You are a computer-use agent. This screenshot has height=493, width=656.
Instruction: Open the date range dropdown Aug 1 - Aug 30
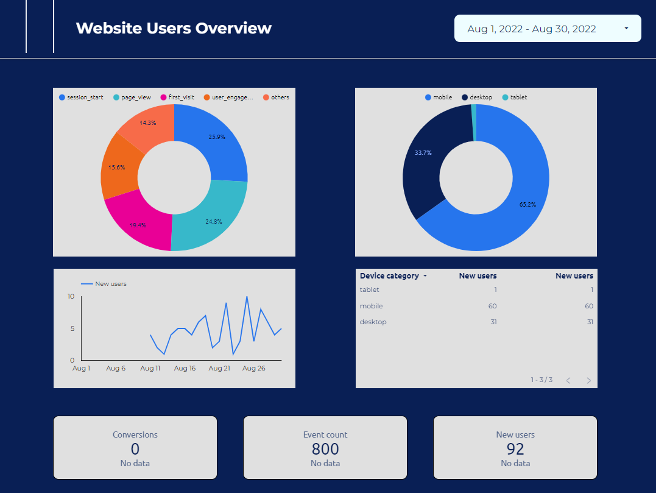(547, 29)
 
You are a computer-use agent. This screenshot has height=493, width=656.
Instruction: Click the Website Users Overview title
(174, 28)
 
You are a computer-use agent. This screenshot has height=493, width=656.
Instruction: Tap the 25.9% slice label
(217, 137)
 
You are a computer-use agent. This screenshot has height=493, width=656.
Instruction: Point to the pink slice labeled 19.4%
(138, 225)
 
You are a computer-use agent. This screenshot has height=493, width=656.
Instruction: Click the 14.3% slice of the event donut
(147, 123)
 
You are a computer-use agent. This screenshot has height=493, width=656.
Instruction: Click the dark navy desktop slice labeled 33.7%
(423, 153)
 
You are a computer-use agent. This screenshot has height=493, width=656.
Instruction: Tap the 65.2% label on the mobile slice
(527, 205)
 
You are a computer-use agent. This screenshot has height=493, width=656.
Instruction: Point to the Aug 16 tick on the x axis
(185, 368)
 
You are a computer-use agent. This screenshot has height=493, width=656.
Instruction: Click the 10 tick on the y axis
(71, 297)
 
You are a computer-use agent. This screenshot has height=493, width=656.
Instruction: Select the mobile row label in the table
(371, 306)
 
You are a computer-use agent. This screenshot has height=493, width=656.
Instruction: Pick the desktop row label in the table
(373, 322)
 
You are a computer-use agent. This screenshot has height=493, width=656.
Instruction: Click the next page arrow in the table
(588, 380)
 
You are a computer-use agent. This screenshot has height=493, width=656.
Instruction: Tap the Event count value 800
(325, 449)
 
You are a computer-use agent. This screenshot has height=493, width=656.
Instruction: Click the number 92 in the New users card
(515, 449)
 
